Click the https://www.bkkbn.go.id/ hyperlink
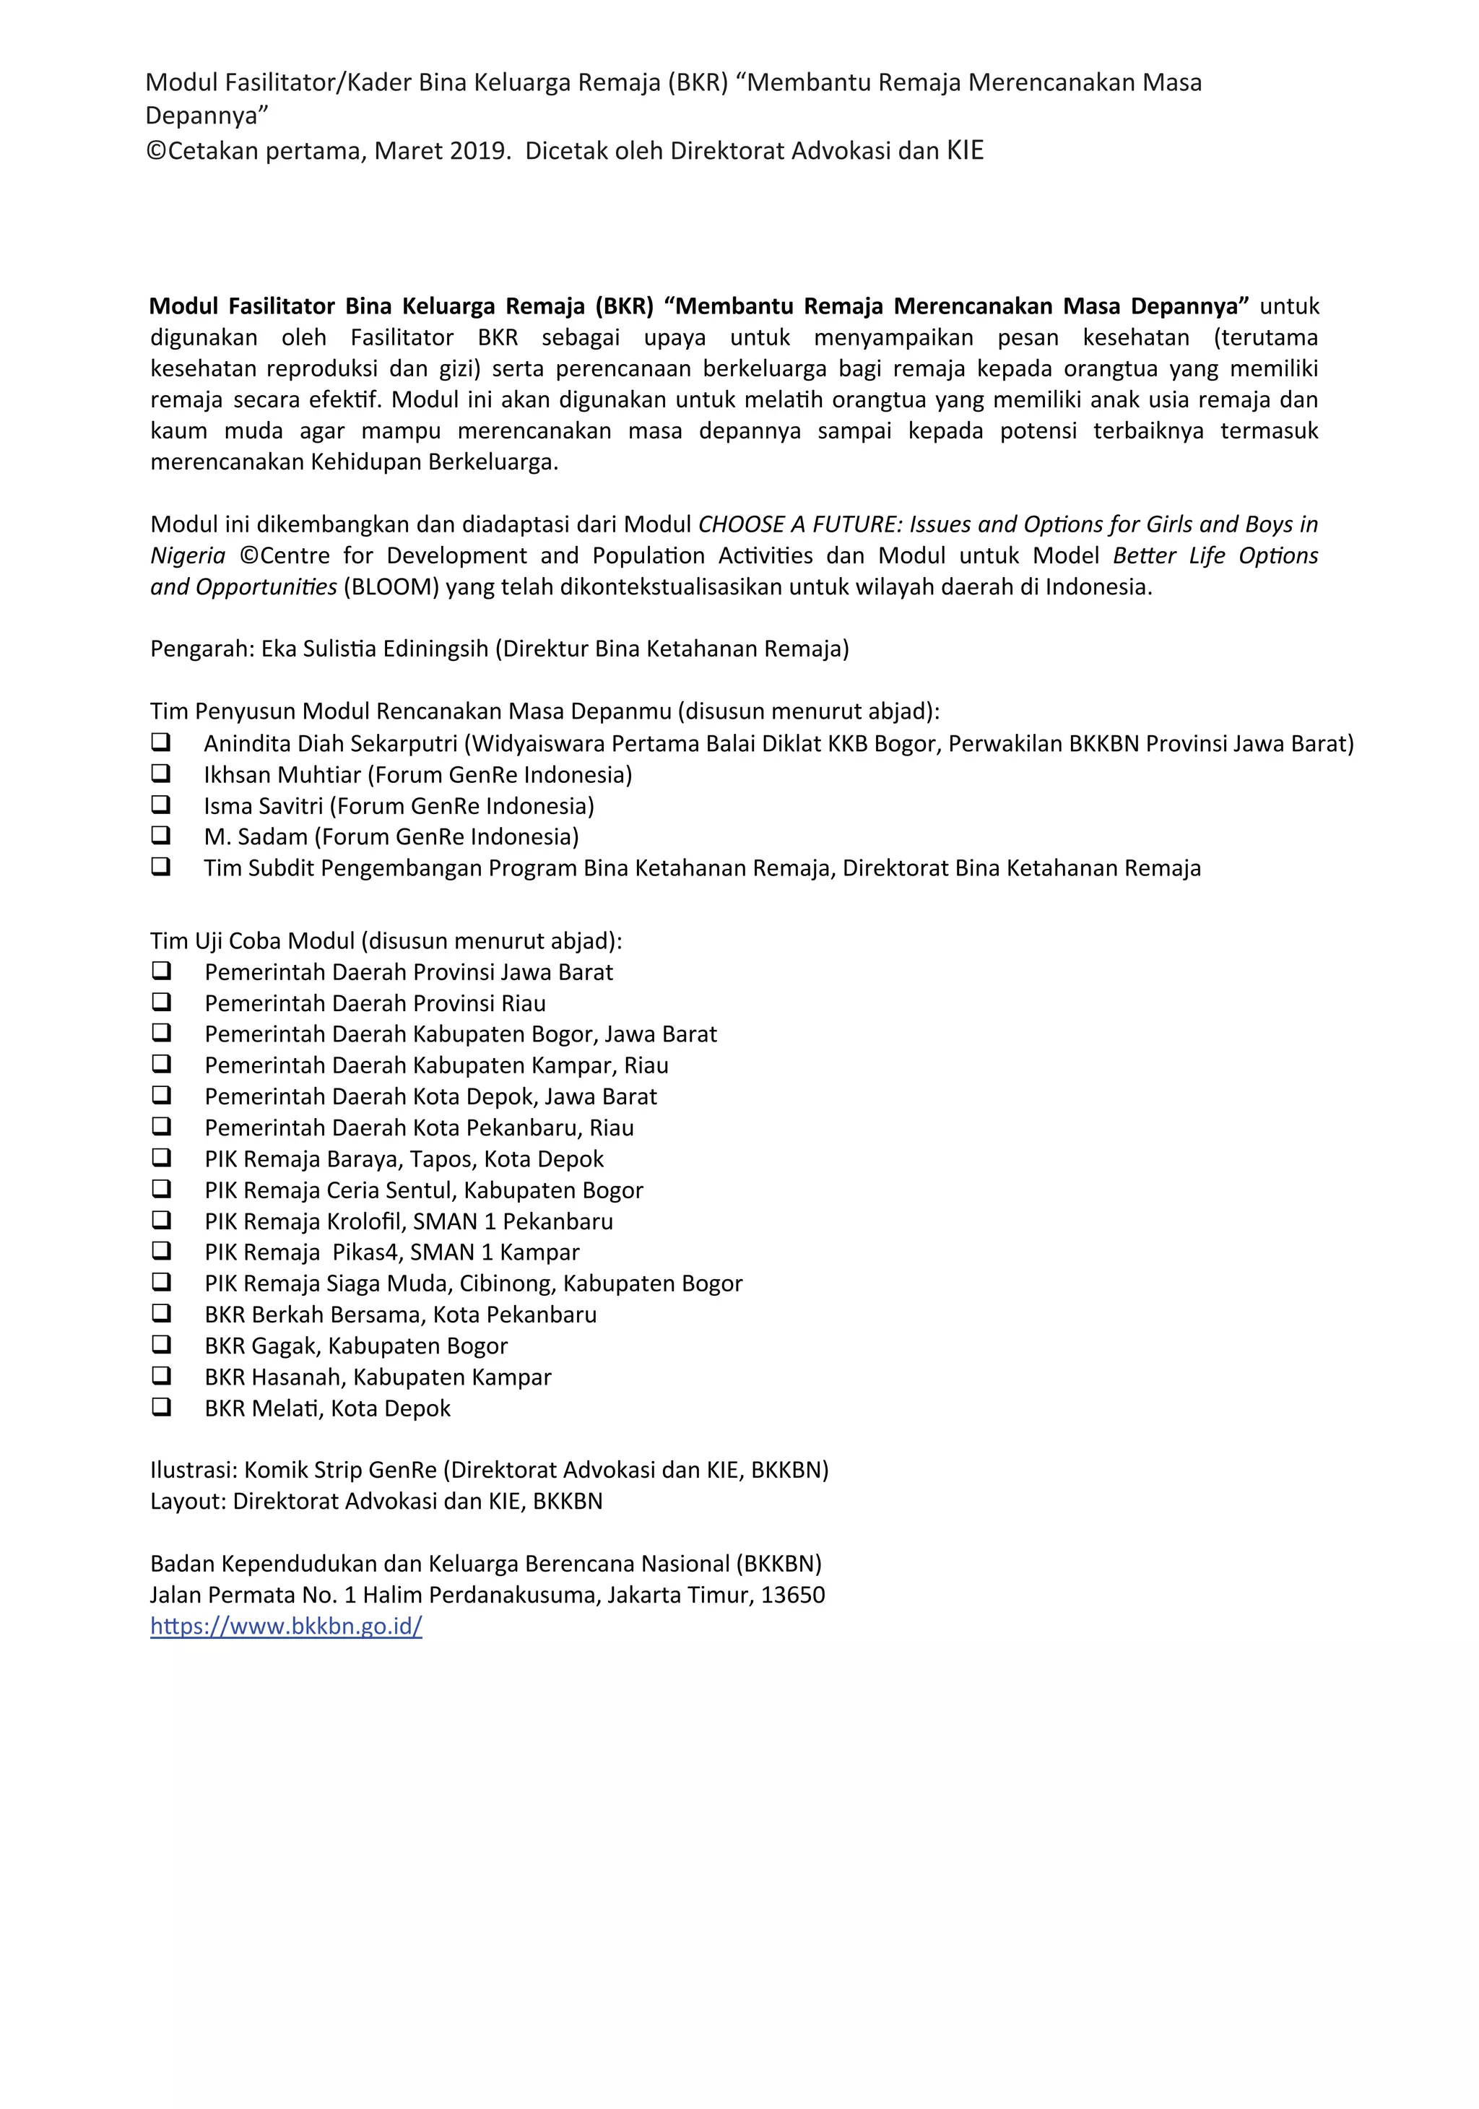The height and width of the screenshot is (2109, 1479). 286,1626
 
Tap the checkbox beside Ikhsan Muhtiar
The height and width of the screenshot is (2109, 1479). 161,773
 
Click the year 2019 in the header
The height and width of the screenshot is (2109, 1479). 477,151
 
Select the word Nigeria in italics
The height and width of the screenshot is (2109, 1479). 187,555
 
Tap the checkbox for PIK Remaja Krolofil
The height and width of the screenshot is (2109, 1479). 162,1220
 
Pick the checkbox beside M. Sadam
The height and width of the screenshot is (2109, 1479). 161,835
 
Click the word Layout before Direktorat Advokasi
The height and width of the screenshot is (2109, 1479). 187,1501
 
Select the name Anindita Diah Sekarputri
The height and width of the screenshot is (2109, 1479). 331,743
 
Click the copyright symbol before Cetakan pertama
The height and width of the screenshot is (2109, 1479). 156,152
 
